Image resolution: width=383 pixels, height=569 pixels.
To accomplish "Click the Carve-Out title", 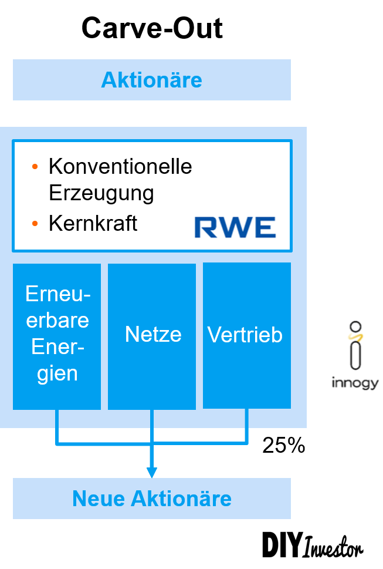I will [x=152, y=28].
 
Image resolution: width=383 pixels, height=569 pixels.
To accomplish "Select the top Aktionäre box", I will [x=152, y=80].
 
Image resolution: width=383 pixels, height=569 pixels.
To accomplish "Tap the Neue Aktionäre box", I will [x=152, y=499].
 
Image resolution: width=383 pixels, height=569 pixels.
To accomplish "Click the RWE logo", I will [x=235, y=227].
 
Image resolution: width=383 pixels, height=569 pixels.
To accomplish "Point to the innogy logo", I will [x=355, y=356].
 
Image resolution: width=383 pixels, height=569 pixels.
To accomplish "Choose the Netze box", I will [x=152, y=336].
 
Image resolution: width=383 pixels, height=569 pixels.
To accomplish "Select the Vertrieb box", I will [x=246, y=336].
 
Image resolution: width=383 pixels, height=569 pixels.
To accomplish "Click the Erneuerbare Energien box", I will [x=57, y=336].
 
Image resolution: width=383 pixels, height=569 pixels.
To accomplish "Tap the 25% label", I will [x=284, y=446].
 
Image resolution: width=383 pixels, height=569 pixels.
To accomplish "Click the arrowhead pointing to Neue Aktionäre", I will [x=152, y=472].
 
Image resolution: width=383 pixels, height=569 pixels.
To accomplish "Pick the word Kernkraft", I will [x=93, y=224].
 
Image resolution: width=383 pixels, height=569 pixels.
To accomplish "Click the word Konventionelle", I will [x=120, y=167].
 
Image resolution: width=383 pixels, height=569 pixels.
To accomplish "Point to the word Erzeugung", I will [x=101, y=193].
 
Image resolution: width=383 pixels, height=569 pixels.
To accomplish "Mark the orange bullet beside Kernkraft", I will [x=35, y=224].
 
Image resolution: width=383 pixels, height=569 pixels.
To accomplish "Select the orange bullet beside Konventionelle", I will [x=35, y=167].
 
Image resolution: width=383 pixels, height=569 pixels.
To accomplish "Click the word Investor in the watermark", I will [x=334, y=549].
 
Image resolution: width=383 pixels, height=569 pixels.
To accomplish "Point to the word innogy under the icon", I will [x=355, y=384].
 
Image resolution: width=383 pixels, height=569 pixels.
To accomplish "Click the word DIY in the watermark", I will [x=282, y=545].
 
